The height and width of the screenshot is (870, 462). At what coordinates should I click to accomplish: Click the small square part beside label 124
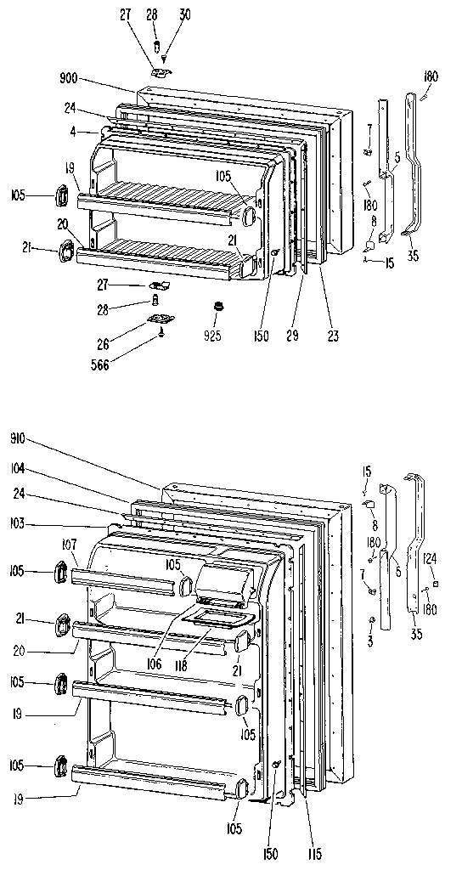[434, 585]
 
